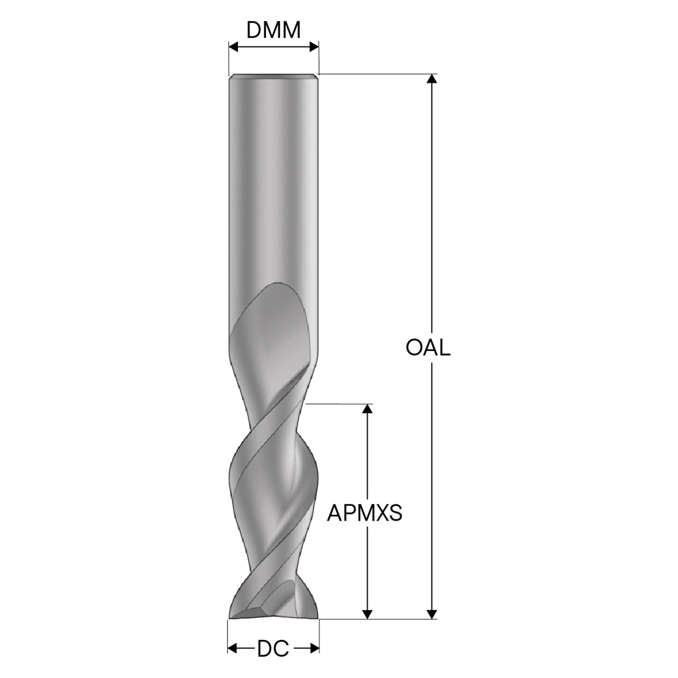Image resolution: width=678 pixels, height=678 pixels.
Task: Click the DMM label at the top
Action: pyautogui.click(x=273, y=30)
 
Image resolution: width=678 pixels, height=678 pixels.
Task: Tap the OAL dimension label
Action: pyautogui.click(x=428, y=348)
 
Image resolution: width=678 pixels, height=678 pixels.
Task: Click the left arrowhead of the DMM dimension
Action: pyautogui.click(x=234, y=47)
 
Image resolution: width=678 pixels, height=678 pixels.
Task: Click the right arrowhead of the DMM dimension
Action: pyautogui.click(x=314, y=47)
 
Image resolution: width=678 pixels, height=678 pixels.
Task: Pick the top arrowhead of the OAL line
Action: pyautogui.click(x=432, y=78)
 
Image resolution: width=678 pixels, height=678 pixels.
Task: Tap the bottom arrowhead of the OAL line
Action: pyautogui.click(x=432, y=614)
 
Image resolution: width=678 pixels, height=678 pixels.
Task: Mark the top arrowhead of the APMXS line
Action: pyautogui.click(x=367, y=409)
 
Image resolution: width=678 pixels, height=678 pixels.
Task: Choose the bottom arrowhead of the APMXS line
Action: pyautogui.click(x=367, y=614)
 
